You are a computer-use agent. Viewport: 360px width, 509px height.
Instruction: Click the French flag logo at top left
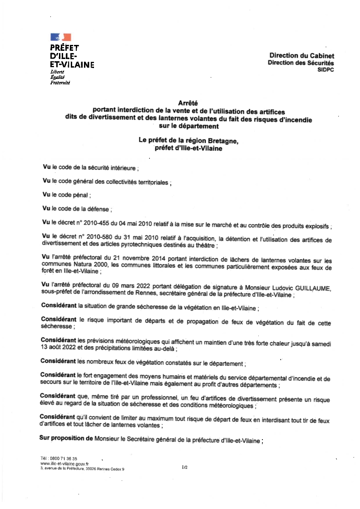[60, 37]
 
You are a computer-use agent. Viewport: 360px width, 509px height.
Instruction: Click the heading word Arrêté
[188, 103]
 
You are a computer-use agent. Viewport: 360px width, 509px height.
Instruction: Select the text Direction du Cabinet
[302, 56]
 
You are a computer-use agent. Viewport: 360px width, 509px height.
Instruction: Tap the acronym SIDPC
[326, 69]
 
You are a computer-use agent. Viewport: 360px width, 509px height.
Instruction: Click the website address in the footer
[64, 464]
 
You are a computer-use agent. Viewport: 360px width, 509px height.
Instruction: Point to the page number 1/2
[184, 466]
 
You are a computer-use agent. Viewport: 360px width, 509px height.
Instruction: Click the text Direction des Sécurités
[301, 63]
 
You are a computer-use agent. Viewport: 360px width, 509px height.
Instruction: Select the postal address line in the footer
[82, 469]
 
